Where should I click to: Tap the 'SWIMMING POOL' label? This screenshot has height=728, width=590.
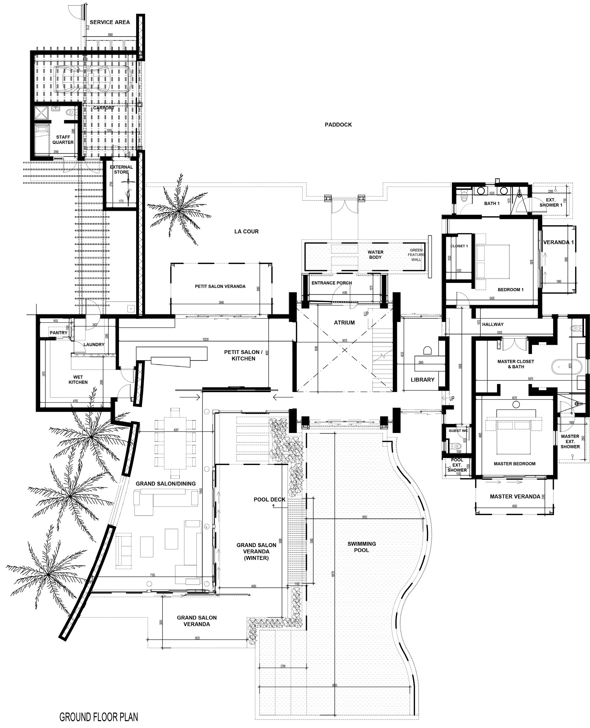(x=362, y=547)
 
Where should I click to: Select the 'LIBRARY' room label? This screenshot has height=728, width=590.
(x=422, y=380)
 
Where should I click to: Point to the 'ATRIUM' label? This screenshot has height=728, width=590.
(x=344, y=322)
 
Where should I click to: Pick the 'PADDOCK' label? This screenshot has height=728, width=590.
(x=338, y=125)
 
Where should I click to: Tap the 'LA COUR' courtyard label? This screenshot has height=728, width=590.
(x=246, y=231)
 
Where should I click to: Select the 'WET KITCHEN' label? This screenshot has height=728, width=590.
(x=78, y=380)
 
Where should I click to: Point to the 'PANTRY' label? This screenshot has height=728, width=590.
(x=59, y=333)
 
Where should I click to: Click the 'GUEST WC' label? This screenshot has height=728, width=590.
(x=458, y=430)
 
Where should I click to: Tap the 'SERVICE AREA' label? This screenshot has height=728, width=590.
(x=110, y=22)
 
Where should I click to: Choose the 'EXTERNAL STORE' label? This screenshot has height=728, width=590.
(x=121, y=169)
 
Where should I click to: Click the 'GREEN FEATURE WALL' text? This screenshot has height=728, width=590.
(x=416, y=255)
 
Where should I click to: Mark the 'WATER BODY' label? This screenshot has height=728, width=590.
(x=376, y=255)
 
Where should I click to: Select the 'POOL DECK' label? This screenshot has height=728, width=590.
(x=269, y=499)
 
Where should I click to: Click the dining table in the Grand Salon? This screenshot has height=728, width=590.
(x=175, y=443)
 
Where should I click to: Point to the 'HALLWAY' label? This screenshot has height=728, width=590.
(x=493, y=324)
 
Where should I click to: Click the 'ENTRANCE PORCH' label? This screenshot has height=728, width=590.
(x=332, y=283)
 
